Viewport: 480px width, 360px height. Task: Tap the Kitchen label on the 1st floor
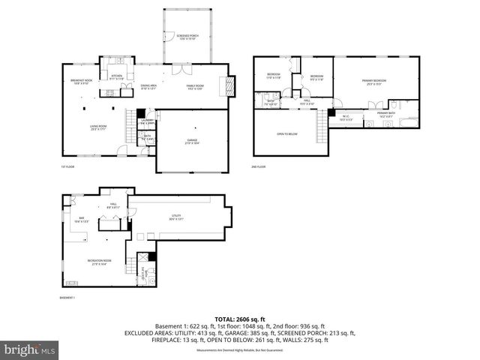[x=116, y=76]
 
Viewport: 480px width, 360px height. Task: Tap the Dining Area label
[x=148, y=87]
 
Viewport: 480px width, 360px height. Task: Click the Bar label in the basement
[x=82, y=220]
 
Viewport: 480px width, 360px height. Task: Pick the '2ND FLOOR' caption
[x=259, y=166]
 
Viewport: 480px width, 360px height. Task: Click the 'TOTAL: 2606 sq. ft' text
[x=239, y=319]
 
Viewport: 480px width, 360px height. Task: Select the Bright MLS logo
[x=28, y=349]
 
